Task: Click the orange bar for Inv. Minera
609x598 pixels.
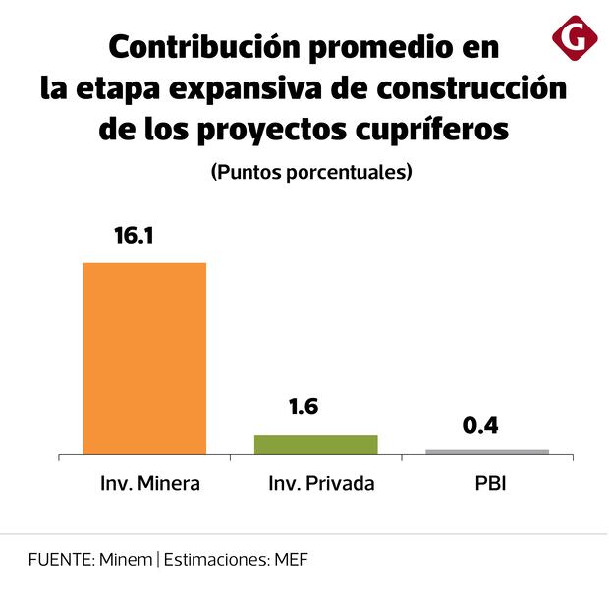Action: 144,357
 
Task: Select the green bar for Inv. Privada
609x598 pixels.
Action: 315,444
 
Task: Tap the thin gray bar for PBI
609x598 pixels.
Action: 487,451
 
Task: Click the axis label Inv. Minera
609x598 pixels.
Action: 150,484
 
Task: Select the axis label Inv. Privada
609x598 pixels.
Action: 321,484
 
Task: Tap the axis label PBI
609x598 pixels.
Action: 488,484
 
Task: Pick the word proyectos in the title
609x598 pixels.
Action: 267,130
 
